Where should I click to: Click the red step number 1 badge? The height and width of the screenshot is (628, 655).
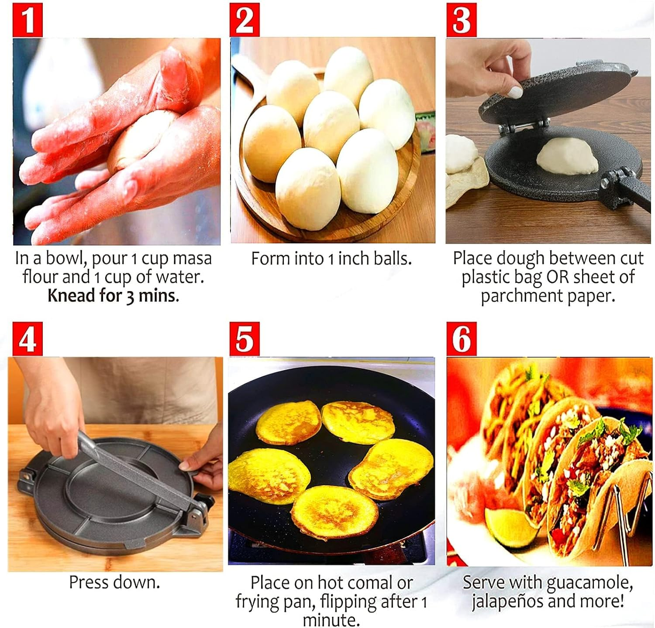click(28, 20)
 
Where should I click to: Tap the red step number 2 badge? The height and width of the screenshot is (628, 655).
click(245, 20)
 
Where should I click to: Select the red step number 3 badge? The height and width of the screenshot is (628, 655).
click(461, 20)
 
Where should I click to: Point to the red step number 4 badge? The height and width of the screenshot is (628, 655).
click(28, 339)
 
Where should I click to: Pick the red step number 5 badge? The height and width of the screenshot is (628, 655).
click(245, 339)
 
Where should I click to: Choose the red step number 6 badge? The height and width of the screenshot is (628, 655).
click(461, 339)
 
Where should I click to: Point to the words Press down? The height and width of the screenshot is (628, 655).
click(114, 582)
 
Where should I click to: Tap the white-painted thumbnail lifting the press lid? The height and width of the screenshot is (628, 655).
click(516, 92)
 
